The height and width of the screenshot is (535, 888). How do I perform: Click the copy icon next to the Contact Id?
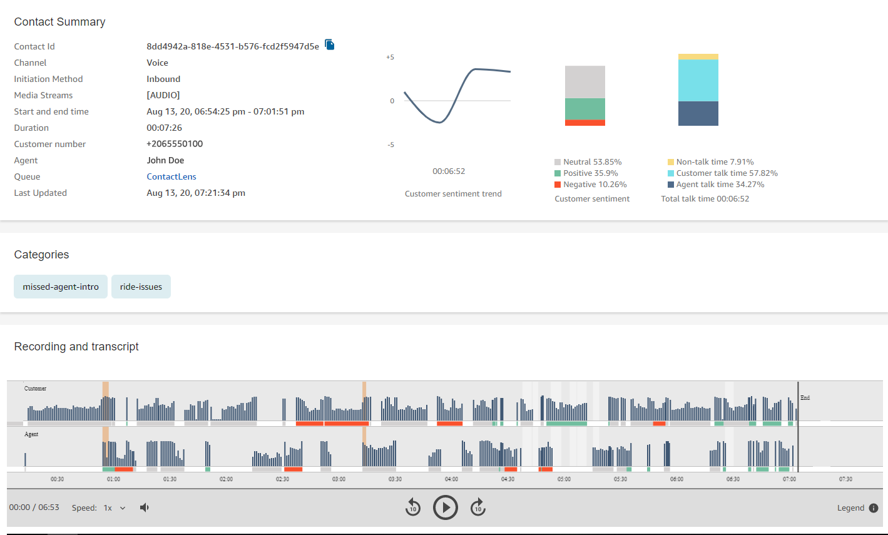[329, 45]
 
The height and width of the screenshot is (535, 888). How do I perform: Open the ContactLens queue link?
[171, 176]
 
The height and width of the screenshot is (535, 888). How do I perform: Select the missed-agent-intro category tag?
[61, 287]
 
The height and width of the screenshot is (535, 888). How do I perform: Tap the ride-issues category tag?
[141, 287]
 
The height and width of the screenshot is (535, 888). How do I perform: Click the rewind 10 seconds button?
[412, 507]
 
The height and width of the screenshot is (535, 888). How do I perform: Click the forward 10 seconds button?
[477, 507]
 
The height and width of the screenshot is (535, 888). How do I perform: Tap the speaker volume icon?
[145, 507]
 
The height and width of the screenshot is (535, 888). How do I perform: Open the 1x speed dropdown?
[115, 508]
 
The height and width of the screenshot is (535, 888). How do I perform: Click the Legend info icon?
[874, 508]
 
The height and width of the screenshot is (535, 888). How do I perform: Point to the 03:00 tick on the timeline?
[339, 479]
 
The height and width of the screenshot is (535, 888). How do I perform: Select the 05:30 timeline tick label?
[620, 479]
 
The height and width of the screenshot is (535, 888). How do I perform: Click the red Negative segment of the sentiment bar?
[584, 123]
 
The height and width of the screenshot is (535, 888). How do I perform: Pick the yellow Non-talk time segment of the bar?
[698, 57]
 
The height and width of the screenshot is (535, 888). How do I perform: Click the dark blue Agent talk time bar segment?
[698, 114]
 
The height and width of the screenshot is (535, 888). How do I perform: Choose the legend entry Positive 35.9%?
[586, 173]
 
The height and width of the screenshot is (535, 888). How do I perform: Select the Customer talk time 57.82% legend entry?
[723, 173]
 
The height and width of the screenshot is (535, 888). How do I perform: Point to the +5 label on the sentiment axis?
[390, 58]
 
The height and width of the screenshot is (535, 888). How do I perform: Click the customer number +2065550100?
[175, 144]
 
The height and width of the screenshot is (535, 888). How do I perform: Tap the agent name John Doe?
[165, 160]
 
